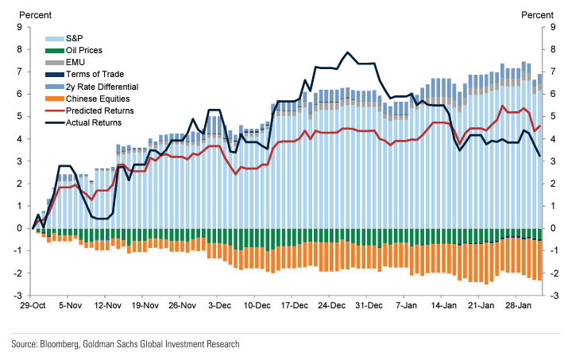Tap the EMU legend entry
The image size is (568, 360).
tap(75, 62)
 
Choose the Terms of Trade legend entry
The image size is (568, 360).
tap(91, 74)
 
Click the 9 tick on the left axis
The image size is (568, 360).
tap(20, 27)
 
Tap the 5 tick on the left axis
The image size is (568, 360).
tap(20, 117)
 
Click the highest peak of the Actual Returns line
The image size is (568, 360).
tap(347, 52)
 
